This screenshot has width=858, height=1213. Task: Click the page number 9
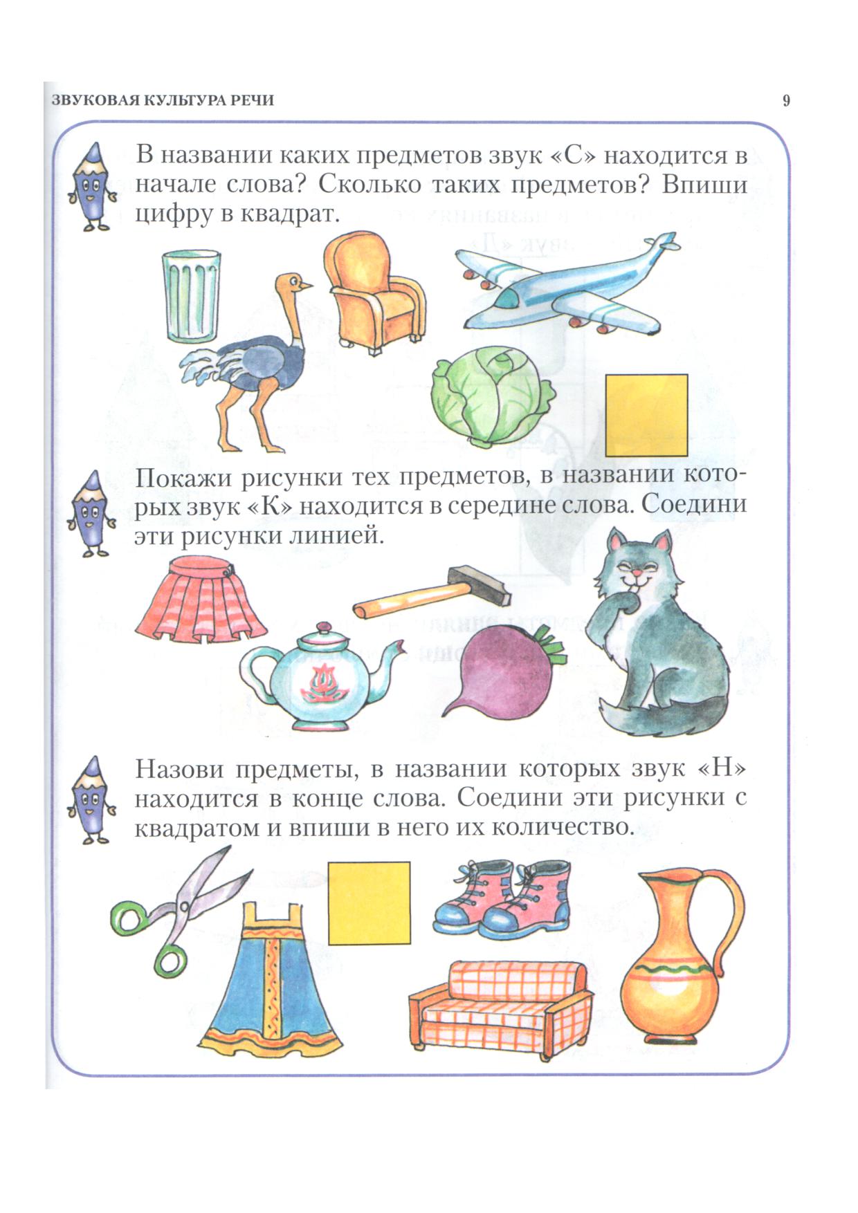(786, 101)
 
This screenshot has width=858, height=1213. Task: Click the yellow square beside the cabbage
(646, 415)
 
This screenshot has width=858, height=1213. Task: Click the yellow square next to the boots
(369, 902)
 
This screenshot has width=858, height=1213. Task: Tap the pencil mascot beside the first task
(90, 187)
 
